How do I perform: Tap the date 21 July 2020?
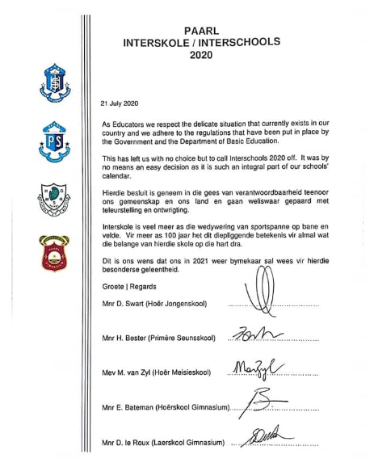pos(120,103)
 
